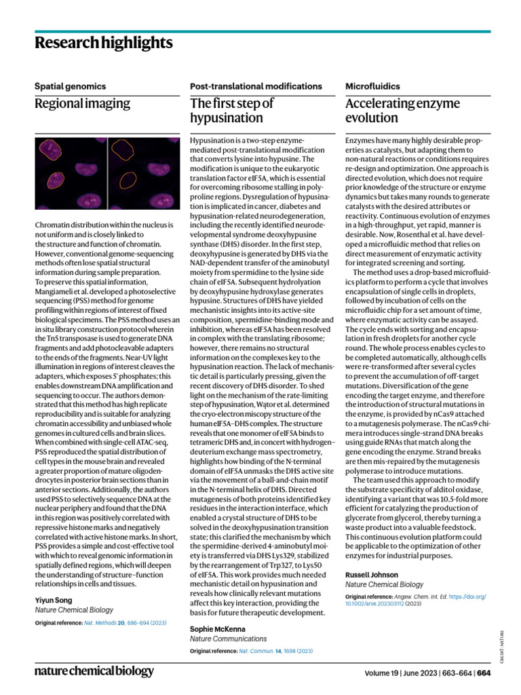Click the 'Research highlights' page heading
tap(103, 43)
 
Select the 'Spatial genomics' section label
tap(70, 86)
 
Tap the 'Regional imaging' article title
tap(82, 104)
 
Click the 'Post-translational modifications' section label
tap(256, 86)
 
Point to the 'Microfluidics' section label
tap(372, 86)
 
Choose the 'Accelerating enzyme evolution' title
tap(402, 111)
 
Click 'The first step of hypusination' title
tap(231, 111)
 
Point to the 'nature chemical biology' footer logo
tap(94, 671)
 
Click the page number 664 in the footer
tap(483, 673)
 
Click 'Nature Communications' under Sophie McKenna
tap(228, 639)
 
